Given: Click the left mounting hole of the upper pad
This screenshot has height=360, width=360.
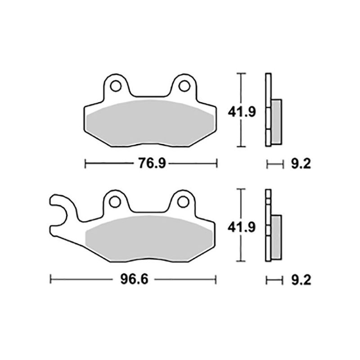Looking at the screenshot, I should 116,85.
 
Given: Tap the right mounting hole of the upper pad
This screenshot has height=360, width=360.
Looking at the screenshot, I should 184,85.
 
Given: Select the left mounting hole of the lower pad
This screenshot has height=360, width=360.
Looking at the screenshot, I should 116,202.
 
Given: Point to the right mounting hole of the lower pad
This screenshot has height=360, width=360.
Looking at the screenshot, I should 184,202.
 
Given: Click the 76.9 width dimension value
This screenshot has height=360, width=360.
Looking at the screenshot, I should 151,164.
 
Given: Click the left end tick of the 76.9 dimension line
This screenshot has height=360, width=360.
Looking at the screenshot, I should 85,164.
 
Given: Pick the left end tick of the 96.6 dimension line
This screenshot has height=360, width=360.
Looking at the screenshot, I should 51,279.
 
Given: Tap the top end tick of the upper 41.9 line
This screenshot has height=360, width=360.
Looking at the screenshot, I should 242,73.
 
